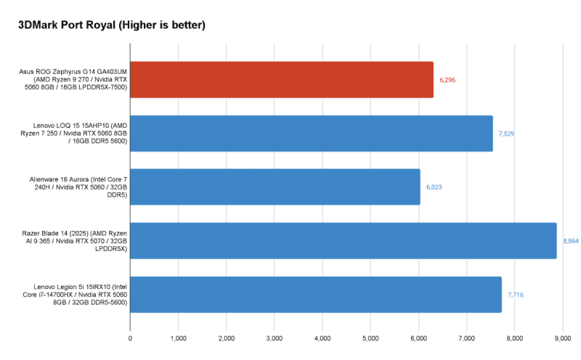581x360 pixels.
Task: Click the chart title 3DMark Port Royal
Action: coord(112,25)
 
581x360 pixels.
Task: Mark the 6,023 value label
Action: coord(434,187)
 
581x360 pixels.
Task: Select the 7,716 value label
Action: coord(516,294)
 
